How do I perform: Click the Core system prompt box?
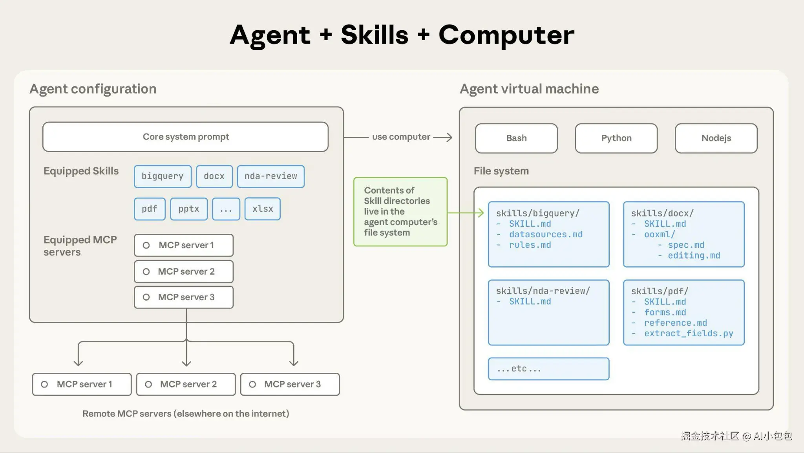(185, 137)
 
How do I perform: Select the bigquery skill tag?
(163, 176)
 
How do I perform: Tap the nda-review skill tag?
(270, 176)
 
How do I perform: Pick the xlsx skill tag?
(262, 209)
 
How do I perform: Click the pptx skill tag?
(189, 209)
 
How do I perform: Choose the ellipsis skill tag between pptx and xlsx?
(226, 209)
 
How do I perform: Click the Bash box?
(516, 138)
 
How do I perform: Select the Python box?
(616, 138)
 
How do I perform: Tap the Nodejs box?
(716, 138)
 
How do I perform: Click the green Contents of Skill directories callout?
(400, 212)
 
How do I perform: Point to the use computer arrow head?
(449, 137)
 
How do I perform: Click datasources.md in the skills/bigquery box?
(545, 235)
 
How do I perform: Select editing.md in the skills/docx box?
(694, 256)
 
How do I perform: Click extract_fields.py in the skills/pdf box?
(688, 334)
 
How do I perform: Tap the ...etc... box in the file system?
(548, 369)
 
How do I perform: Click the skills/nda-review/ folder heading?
(543, 291)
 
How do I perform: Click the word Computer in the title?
(506, 35)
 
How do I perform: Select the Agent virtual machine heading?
(529, 89)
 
